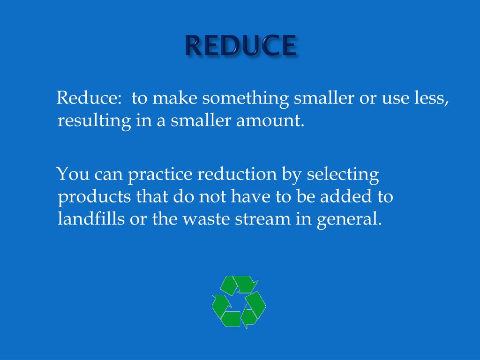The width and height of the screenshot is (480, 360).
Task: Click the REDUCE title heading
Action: click(240, 45)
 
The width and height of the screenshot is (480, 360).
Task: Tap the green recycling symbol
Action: click(239, 301)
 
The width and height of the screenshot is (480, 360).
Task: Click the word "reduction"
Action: click(237, 174)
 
